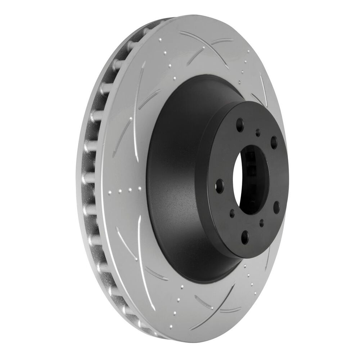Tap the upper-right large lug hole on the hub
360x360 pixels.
(x=274, y=142)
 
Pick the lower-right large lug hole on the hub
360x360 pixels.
(x=276, y=207)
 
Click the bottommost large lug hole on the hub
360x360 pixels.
(x=245, y=236)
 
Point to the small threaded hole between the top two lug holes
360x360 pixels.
(x=258, y=133)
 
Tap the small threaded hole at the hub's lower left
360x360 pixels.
(x=232, y=213)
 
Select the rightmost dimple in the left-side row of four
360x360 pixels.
(x=139, y=188)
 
